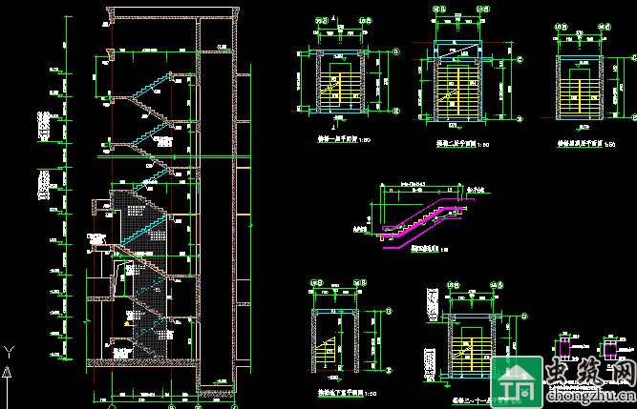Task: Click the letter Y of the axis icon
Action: (x=9, y=351)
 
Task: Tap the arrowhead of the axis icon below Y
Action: (x=9, y=365)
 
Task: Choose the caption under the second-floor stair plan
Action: (x=455, y=144)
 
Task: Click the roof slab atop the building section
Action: (x=172, y=17)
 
